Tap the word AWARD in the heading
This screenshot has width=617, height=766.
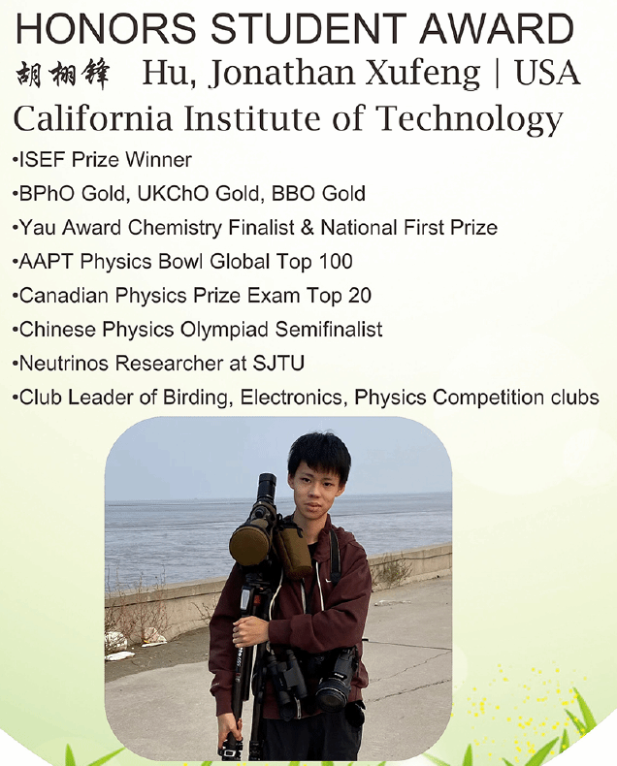pos(498,28)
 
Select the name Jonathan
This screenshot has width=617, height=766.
pos(281,74)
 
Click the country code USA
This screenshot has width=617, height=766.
pos(547,73)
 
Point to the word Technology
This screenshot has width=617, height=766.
pos(470,119)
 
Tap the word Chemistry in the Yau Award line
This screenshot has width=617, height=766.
pos(174,228)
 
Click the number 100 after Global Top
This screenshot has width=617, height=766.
pos(336,262)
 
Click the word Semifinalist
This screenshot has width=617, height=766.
pos(329,330)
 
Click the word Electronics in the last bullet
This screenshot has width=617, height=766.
pos(294,398)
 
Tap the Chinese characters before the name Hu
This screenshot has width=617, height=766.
pos(63,75)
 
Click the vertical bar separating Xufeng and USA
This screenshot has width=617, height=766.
pos(498,74)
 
